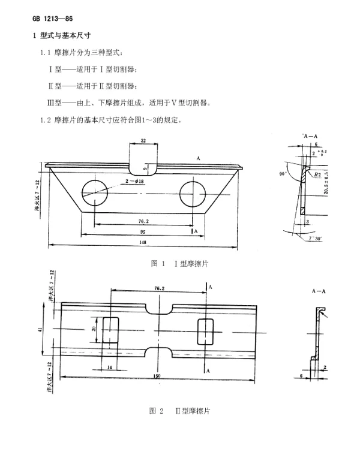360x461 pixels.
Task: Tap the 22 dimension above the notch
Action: [x=143, y=140]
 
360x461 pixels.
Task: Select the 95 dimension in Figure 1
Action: [x=143, y=230]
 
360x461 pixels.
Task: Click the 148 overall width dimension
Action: [x=143, y=242]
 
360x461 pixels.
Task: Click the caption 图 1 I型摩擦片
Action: [x=179, y=263]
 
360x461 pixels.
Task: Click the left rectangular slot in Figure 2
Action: [x=111, y=330]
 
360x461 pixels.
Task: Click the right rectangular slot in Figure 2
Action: [x=206, y=330]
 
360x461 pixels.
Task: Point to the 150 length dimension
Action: [x=156, y=376]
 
